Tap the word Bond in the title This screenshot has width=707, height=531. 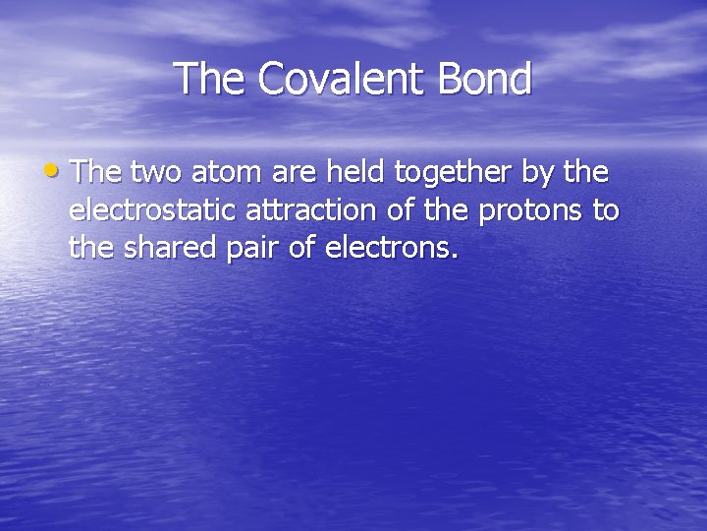[484, 79]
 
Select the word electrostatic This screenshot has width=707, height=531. [150, 211]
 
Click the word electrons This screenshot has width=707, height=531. [392, 249]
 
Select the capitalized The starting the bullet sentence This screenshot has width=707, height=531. [96, 173]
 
